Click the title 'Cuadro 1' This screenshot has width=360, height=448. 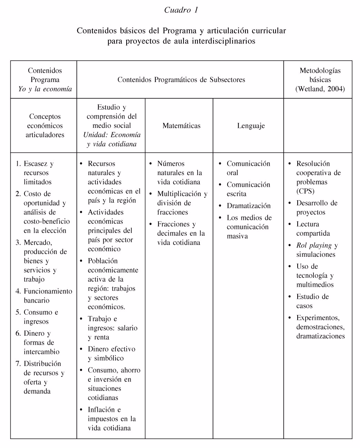[x=181, y=10]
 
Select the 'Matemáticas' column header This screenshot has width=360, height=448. [x=181, y=126]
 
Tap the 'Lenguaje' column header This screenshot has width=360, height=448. [x=251, y=126]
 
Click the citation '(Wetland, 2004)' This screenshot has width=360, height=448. [x=320, y=89]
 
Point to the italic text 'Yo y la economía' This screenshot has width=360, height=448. [x=45, y=89]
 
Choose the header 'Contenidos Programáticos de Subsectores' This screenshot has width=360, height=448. [x=181, y=80]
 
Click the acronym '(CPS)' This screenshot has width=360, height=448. [x=305, y=191]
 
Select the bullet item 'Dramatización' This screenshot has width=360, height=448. [x=248, y=206]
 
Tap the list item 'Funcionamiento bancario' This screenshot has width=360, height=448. [x=48, y=296]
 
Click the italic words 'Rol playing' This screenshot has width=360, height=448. [x=314, y=245]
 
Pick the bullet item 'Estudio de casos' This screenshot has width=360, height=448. [x=312, y=301]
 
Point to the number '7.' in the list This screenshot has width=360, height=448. [x=19, y=364]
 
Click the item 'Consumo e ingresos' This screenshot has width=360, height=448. [x=41, y=317]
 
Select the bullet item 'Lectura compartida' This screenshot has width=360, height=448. [x=313, y=229]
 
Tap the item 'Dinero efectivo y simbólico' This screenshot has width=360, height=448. [x=111, y=354]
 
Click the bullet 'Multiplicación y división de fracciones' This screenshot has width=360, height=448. [x=182, y=203]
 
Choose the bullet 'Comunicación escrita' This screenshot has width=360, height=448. [x=248, y=189]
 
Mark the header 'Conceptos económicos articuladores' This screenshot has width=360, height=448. [x=45, y=126]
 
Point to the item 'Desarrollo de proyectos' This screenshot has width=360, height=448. [x=317, y=208]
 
